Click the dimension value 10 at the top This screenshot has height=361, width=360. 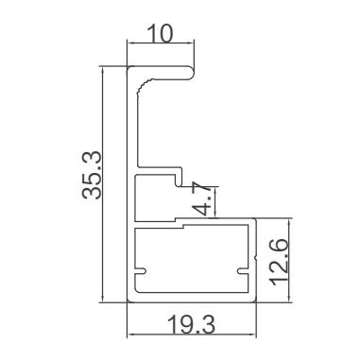coord(160,34)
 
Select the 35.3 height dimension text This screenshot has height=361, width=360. coord(92,175)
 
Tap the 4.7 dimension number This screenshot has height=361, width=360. coord(201,198)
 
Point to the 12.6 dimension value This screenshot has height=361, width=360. coord(279,262)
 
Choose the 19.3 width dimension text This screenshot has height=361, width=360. coord(192,325)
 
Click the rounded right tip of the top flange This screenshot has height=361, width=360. coord(192,73)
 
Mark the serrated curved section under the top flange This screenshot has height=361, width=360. coord(144,86)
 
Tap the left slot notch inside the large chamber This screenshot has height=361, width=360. coord(141,270)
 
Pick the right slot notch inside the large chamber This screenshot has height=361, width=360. coord(243,271)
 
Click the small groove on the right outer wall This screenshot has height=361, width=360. coord(256,258)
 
